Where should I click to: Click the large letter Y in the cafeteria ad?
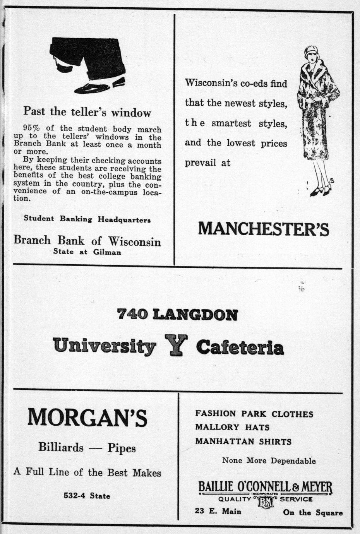click(x=176, y=345)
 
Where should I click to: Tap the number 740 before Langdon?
click(x=132, y=314)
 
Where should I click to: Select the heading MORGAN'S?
click(x=87, y=418)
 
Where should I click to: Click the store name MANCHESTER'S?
click(x=264, y=229)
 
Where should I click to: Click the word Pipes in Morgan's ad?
click(x=122, y=448)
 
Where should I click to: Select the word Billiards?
click(x=61, y=448)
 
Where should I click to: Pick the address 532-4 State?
click(x=87, y=496)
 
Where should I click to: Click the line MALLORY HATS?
click(x=232, y=427)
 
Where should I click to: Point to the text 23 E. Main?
click(x=218, y=512)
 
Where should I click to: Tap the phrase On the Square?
click(x=313, y=513)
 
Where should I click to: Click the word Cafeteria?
click(x=240, y=347)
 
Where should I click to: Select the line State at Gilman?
click(x=87, y=252)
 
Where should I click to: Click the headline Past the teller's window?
click(x=87, y=112)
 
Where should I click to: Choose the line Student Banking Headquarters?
click(x=87, y=219)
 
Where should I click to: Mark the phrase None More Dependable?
click(x=269, y=461)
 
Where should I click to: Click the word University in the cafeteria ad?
click(x=105, y=346)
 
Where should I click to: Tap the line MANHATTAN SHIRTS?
click(x=243, y=442)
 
